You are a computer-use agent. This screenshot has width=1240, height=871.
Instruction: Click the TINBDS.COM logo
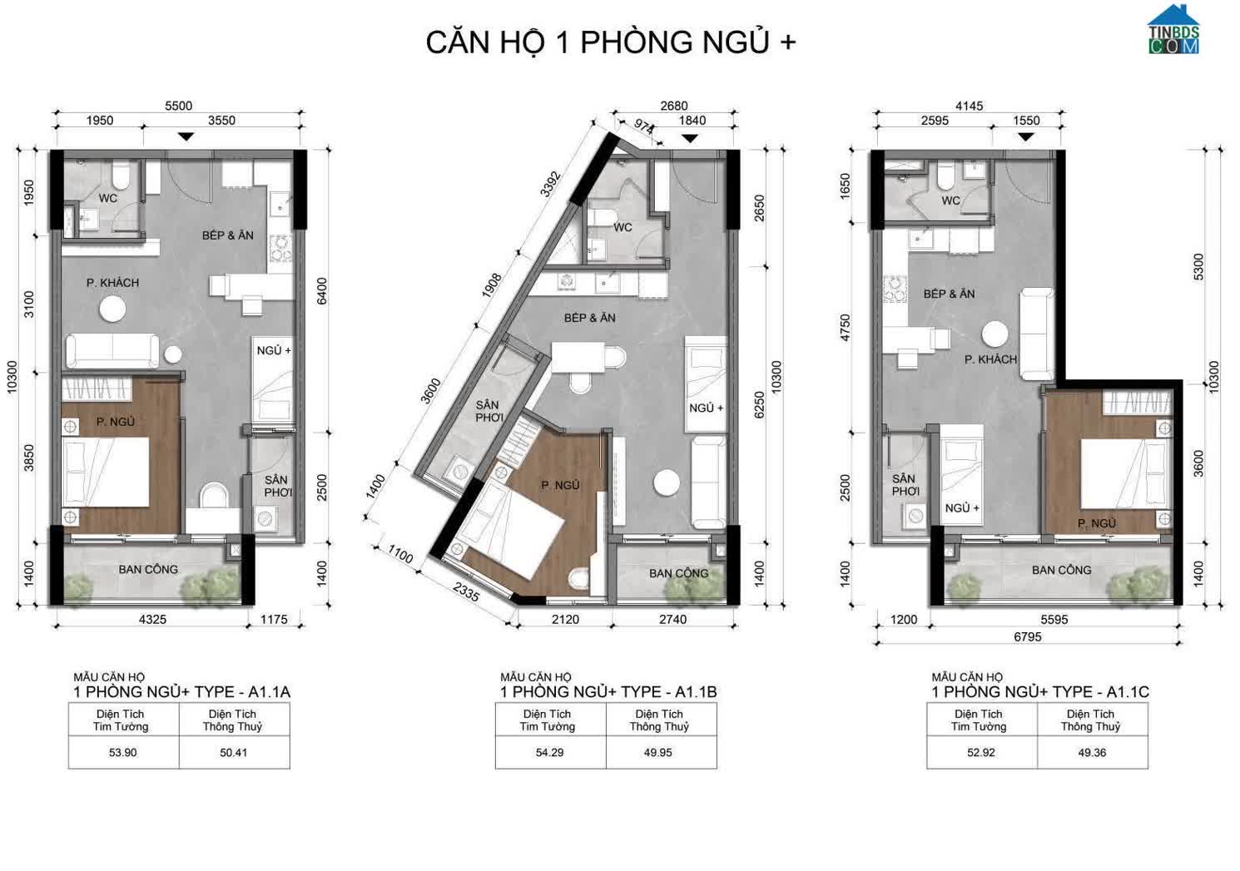click(x=1173, y=30)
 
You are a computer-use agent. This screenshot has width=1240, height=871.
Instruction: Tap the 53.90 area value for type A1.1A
click(x=123, y=753)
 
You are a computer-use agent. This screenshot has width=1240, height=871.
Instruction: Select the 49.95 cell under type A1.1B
click(x=657, y=753)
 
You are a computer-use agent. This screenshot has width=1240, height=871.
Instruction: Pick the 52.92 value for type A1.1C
click(x=981, y=753)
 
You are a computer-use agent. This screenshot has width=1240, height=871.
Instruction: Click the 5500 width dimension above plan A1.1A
click(x=178, y=106)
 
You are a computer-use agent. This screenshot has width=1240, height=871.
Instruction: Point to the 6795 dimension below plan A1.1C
click(x=1028, y=637)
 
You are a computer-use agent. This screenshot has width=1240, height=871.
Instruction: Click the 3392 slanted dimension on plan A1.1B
click(x=550, y=185)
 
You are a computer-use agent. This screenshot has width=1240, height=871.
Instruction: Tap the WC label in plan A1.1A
click(x=108, y=198)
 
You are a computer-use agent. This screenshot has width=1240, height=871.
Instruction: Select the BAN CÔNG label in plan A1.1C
click(x=1061, y=570)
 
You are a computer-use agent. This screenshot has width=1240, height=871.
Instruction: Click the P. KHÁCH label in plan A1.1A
click(x=112, y=283)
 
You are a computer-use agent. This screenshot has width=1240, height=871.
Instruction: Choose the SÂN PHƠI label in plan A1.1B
click(x=489, y=411)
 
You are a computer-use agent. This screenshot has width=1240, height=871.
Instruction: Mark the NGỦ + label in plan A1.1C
click(x=962, y=508)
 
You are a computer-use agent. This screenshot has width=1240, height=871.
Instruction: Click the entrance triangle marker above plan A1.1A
click(x=186, y=136)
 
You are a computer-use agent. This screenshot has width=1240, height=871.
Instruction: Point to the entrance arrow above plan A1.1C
click(x=1026, y=136)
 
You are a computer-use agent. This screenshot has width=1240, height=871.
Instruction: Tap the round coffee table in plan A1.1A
click(x=112, y=309)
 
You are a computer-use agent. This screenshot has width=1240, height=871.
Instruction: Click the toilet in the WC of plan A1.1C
click(x=946, y=176)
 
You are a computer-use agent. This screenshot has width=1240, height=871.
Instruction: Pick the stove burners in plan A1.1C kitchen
click(x=894, y=290)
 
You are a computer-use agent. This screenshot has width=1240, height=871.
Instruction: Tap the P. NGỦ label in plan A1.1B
click(x=560, y=485)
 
